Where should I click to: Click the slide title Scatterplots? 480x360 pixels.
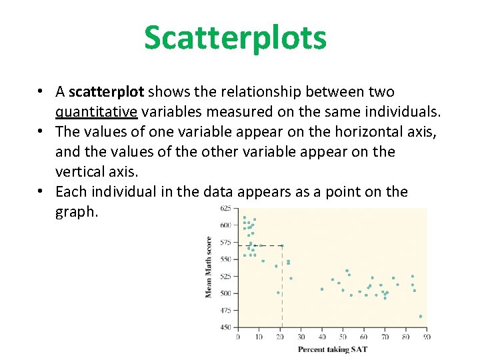tap(235, 37)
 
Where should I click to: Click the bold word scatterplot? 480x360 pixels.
tap(107, 92)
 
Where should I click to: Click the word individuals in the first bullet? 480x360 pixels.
tap(402, 112)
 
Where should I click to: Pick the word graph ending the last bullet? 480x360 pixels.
tap(77, 212)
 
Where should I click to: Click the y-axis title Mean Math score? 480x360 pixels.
tap(209, 267)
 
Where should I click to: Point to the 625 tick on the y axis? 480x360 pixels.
tap(225, 208)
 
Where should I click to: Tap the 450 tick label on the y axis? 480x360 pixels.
tap(225, 327)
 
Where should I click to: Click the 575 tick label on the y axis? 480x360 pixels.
tap(225, 242)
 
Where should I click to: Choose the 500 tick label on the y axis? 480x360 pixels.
tap(225, 293)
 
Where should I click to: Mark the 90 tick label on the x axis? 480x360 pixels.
tap(427, 337)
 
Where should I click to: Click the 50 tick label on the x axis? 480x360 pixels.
tap(343, 337)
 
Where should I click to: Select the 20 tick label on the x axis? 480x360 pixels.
tap(280, 337)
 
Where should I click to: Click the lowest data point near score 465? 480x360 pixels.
tap(421, 316)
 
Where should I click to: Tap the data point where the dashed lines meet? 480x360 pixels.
tap(282, 245)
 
